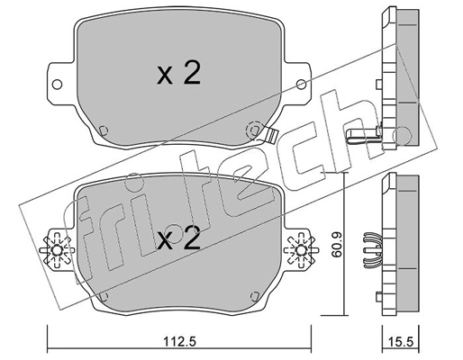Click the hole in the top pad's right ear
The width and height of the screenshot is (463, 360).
304,86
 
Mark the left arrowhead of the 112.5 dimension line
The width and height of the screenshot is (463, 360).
50,330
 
